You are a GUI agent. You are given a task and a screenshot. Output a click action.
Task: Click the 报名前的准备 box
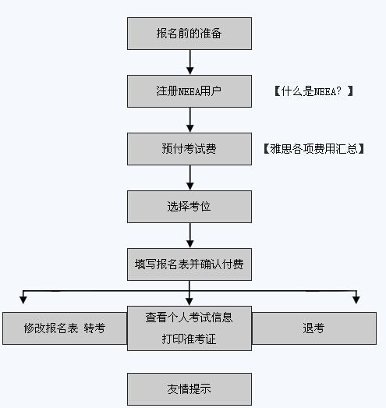coord(189,34)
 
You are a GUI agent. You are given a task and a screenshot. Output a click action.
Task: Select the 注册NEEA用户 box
coord(189,91)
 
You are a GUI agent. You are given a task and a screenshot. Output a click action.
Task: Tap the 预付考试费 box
coord(189,149)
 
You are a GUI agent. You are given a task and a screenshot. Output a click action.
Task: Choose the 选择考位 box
coord(189,207)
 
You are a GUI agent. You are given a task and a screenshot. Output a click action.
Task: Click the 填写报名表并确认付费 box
coord(189,264)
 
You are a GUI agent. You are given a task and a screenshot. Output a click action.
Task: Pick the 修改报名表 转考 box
coord(65,328)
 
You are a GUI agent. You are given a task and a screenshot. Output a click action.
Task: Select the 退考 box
coord(314,328)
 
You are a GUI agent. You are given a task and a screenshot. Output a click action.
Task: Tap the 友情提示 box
coord(189,389)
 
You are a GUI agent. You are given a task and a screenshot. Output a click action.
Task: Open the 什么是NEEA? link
coord(313,91)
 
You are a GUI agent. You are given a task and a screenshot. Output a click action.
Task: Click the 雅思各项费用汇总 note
coord(313,149)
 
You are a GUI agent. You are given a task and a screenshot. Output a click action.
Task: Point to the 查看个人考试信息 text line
coord(189,318)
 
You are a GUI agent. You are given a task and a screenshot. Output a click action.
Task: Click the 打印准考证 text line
coord(189,339)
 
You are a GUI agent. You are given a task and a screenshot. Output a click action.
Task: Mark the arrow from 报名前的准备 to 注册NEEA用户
coord(189,62)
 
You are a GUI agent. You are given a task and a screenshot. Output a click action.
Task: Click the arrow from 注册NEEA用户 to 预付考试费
coord(189,120)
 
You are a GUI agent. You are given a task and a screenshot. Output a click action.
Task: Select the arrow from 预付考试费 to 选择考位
coord(189,178)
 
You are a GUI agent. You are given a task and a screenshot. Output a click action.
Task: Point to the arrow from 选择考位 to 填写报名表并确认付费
coord(189,236)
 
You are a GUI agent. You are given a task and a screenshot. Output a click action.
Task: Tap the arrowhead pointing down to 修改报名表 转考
coord(23,300)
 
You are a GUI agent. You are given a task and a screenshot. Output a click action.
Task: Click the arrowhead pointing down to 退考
coord(356,300)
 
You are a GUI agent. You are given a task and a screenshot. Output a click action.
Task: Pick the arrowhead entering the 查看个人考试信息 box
coord(189,302)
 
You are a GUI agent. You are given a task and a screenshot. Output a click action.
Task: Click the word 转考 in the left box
coord(94,328)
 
